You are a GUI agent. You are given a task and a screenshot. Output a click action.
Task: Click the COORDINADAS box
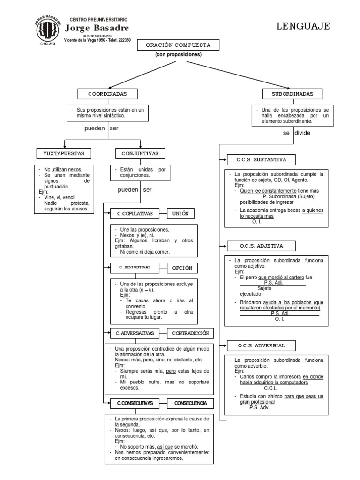pyautogui.click(x=108, y=94)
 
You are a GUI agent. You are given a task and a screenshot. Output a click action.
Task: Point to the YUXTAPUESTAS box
pyautogui.click(x=64, y=153)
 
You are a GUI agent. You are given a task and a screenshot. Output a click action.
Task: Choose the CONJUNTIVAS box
pyautogui.click(x=140, y=153)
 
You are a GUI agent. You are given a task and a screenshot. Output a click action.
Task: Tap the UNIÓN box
pyautogui.click(x=180, y=213)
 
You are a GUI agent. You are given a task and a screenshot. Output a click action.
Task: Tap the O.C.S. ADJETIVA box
pyautogui.click(x=260, y=245)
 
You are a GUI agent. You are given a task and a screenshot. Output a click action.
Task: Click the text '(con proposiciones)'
pyautogui.click(x=178, y=55)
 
